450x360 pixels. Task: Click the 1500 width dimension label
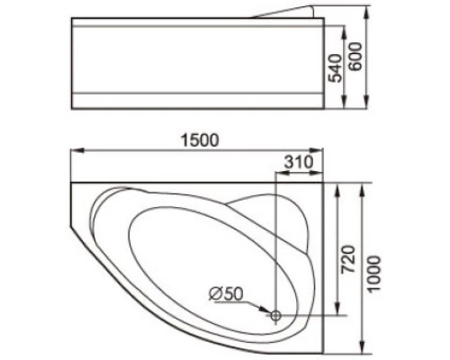tap(199, 140)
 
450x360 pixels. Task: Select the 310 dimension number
tap(296, 162)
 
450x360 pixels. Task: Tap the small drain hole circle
tap(276, 315)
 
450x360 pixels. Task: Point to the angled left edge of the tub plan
tap(79, 216)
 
